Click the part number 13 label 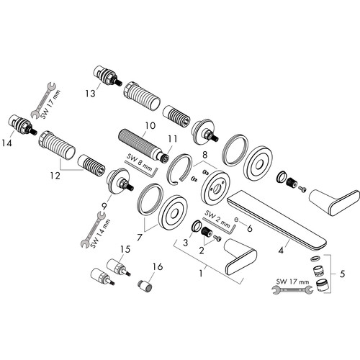click(90, 94)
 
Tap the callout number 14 click(6, 143)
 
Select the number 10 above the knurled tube click(150, 125)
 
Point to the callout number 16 click(158, 266)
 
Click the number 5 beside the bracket click(342, 274)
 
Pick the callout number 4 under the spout click(281, 251)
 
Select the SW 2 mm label click(217, 219)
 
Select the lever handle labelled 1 click(240, 257)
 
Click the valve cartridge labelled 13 click(107, 76)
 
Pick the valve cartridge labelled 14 click(23, 125)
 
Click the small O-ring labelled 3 click(197, 226)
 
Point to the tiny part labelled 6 click(236, 219)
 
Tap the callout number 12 click(55, 176)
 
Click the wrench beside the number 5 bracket click(292, 290)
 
